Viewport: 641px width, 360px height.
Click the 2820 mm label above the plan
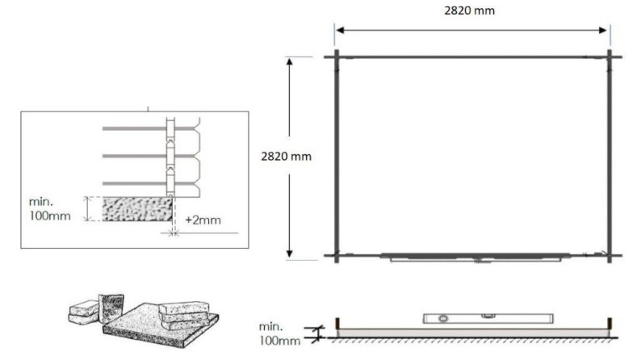pyautogui.click(x=471, y=11)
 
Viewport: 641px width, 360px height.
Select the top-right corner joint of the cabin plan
pyautogui.click(x=610, y=57)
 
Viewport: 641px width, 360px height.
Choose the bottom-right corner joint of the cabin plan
pyautogui.click(x=610, y=256)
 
